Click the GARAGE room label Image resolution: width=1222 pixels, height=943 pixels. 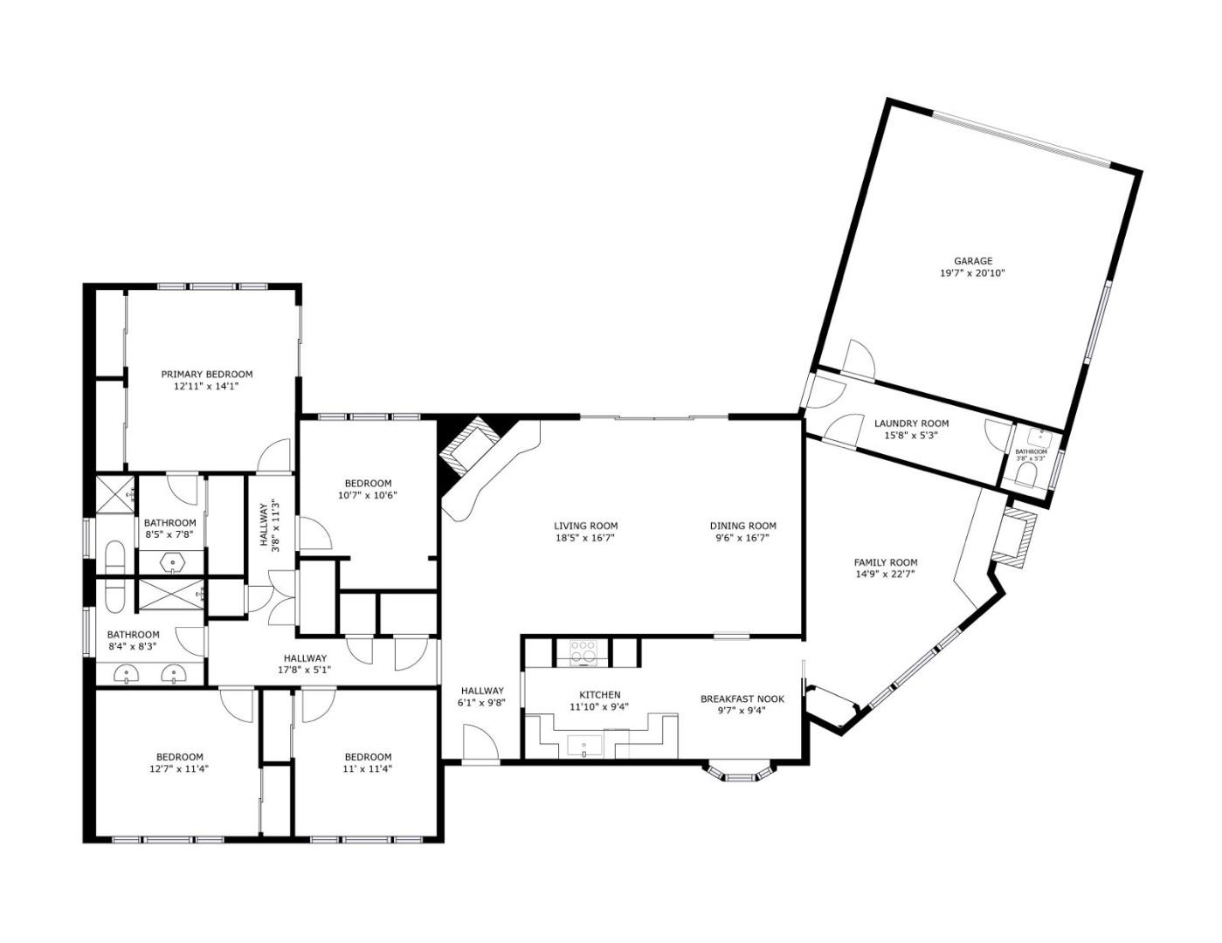[x=972, y=261]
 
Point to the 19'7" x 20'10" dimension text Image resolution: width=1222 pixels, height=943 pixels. [x=972, y=273]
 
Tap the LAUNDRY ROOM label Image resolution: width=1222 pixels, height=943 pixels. [x=911, y=423]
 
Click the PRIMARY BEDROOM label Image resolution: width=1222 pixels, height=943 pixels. [x=206, y=375]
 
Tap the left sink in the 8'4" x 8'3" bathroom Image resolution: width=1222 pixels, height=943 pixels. [x=128, y=673]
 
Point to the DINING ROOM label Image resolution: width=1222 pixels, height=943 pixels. [x=742, y=526]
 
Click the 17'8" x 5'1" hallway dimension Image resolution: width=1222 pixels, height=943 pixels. [x=304, y=671]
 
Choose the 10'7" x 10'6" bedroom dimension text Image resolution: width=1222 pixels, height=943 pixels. [x=368, y=495]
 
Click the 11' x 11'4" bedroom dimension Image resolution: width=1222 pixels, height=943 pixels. [x=368, y=769]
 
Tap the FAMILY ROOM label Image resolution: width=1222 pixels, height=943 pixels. [x=885, y=562]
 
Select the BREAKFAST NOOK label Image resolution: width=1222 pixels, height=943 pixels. [x=742, y=699]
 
